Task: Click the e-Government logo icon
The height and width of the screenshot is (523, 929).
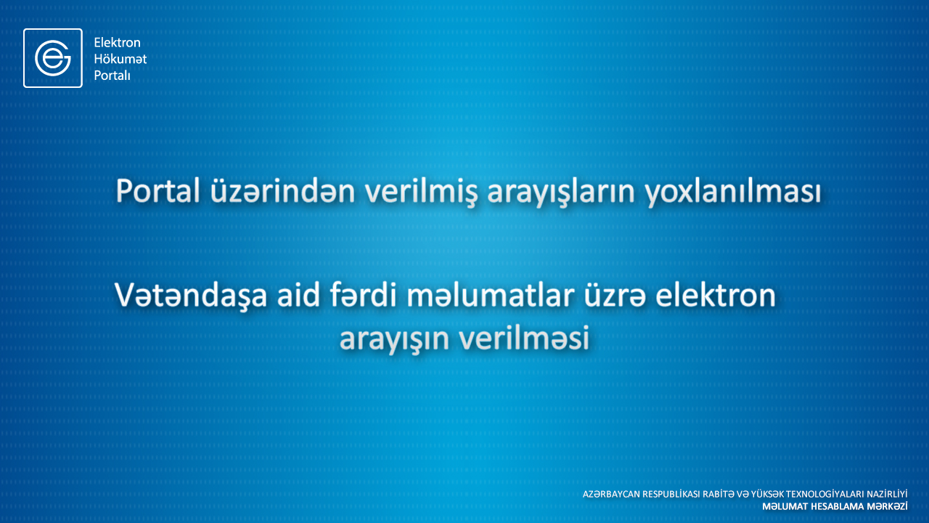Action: [x=53, y=58]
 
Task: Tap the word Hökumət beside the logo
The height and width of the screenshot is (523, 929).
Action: [x=120, y=59]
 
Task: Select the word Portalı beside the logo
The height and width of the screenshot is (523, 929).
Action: [x=112, y=76]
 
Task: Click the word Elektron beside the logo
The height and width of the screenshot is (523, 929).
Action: [x=118, y=42]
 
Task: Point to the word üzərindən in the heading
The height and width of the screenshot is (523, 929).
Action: [x=282, y=191]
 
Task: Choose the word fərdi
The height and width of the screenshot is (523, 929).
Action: [x=364, y=295]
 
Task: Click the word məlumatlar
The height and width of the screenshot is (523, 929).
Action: [x=490, y=295]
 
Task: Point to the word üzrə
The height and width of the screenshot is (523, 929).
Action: [x=615, y=296]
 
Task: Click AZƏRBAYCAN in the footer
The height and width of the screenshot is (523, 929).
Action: [x=611, y=495]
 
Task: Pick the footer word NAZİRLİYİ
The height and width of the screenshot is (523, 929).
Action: [x=887, y=494]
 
